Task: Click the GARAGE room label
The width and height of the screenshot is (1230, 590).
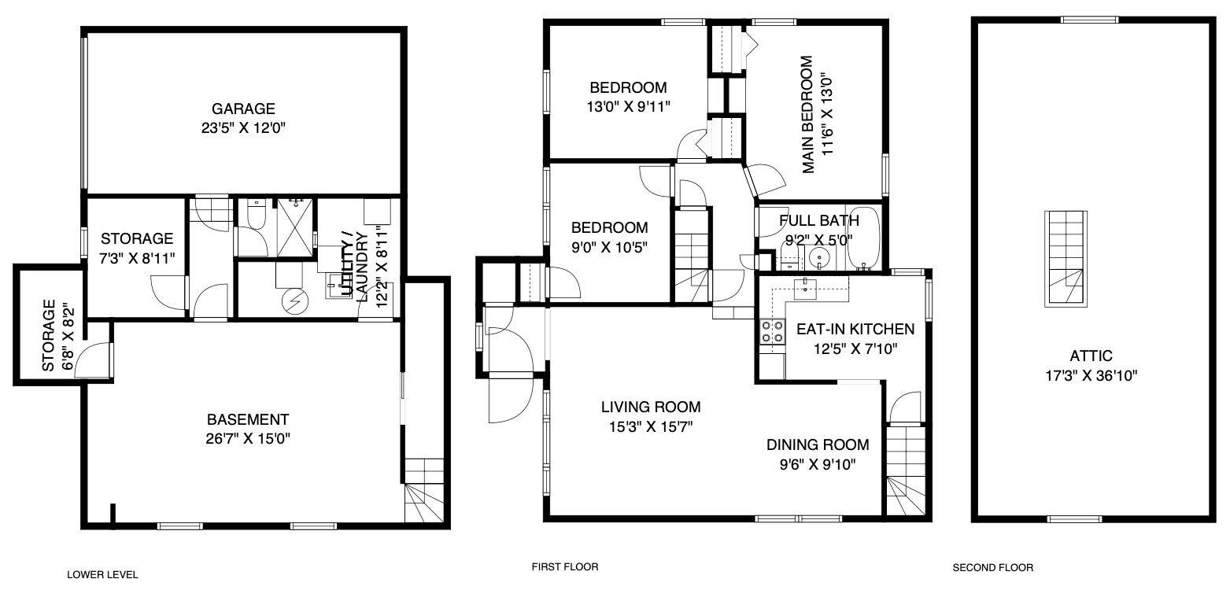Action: coord(243,109)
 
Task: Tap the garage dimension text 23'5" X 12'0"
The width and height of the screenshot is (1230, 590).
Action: coord(243,128)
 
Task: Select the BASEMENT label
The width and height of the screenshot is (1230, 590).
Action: coord(248,420)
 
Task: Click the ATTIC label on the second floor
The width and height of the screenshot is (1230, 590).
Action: coord(1091,356)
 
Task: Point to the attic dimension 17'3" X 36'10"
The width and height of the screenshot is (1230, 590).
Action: coord(1091,376)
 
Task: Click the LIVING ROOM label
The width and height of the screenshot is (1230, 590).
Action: coord(651,407)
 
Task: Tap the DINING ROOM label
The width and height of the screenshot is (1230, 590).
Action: coord(818,445)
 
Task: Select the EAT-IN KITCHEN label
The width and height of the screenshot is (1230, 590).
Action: coord(855,330)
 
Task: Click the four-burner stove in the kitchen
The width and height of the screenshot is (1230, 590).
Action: coord(772,331)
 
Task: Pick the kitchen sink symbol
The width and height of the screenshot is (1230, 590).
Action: coord(805,288)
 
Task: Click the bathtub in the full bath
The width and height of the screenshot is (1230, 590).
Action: coord(864,239)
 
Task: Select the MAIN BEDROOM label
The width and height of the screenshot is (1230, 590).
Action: coord(807,115)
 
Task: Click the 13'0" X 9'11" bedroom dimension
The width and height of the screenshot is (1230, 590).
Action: coord(628,107)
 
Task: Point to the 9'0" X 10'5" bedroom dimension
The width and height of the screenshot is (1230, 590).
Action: coord(610,248)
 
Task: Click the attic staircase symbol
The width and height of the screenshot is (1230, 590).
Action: coord(1066,259)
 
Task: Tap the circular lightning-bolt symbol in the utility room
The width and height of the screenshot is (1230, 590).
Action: coord(295,301)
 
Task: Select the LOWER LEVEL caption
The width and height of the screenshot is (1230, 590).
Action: coord(102,574)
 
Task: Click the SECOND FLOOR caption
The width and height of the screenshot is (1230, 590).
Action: coord(993,568)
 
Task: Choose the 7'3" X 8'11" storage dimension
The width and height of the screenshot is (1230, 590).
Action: coord(137,259)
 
